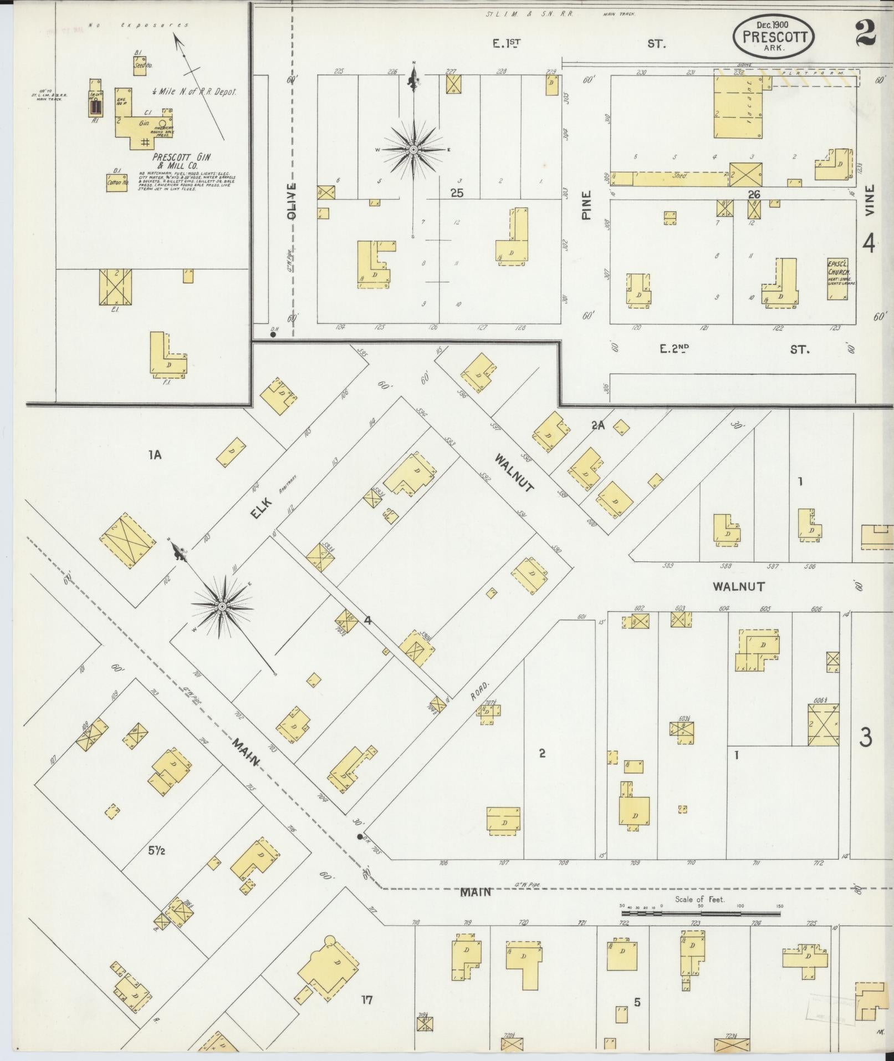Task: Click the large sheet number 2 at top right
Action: click(x=865, y=33)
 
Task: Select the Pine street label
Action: click(x=586, y=205)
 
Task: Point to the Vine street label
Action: click(x=869, y=200)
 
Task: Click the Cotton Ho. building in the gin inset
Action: click(x=116, y=182)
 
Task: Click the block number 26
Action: click(x=754, y=194)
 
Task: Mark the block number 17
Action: click(x=366, y=1000)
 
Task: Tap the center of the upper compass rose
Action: click(x=413, y=150)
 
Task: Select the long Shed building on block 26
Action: click(x=680, y=179)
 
